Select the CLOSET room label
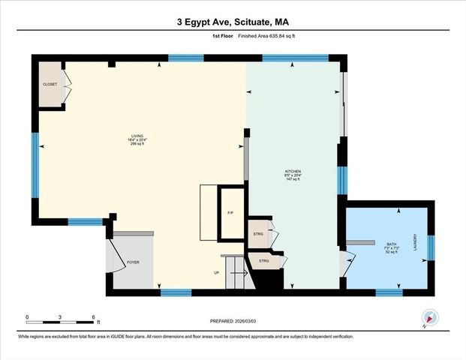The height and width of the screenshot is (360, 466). click(x=50, y=84)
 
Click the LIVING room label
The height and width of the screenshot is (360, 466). click(x=137, y=136)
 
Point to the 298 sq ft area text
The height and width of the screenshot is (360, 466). click(x=137, y=143)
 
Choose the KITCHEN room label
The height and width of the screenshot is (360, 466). click(x=293, y=172)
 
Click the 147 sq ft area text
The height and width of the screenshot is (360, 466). click(x=293, y=179)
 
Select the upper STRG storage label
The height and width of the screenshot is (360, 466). click(x=258, y=233)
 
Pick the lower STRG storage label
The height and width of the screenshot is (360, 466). click(x=264, y=261)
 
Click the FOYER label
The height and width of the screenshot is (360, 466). click(x=133, y=262)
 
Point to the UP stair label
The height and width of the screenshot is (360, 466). click(x=217, y=273)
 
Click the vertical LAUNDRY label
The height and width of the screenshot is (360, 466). click(x=415, y=241)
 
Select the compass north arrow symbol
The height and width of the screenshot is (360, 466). click(x=430, y=317)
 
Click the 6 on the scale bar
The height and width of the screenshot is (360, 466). click(x=93, y=317)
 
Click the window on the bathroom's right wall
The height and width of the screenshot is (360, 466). click(x=431, y=247)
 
